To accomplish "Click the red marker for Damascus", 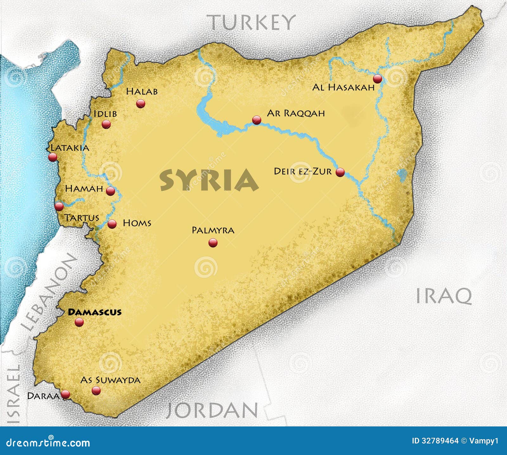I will pyautogui.click(x=79, y=322).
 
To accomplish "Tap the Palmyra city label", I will pyautogui.click(x=213, y=230).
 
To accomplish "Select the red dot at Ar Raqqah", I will pyautogui.click(x=257, y=120).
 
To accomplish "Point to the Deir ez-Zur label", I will pyautogui.click(x=303, y=171).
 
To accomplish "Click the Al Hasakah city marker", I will pyautogui.click(x=377, y=79).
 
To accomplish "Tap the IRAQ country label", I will pyautogui.click(x=444, y=296).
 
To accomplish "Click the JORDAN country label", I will pyautogui.click(x=212, y=410).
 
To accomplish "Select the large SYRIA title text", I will pyautogui.click(x=209, y=180).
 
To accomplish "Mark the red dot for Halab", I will pyautogui.click(x=140, y=103).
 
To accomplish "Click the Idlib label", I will pyautogui.click(x=105, y=114).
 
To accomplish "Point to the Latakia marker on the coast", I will pyautogui.click(x=53, y=157).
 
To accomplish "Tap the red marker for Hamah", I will pyautogui.click(x=110, y=191).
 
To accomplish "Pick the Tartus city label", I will pyautogui.click(x=82, y=218).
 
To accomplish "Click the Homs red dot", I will pyautogui.click(x=112, y=224).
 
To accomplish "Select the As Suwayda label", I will pyautogui.click(x=110, y=380).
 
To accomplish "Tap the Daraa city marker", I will pyautogui.click(x=65, y=394).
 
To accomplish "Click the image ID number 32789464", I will pyautogui.click(x=440, y=441).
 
